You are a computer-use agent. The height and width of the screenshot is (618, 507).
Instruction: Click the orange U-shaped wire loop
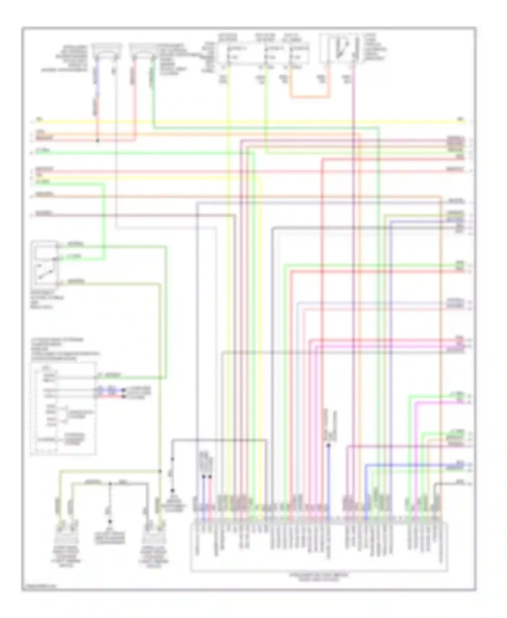click(x=309, y=97)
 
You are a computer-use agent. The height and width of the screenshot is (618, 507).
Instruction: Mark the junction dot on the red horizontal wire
click(x=97, y=140)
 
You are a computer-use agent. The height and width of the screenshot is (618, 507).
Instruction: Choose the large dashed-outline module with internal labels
click(x=64, y=408)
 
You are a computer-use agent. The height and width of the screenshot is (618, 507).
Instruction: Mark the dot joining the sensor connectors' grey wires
click(x=110, y=484)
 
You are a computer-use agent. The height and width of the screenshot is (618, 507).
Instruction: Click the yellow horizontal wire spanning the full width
click(x=250, y=121)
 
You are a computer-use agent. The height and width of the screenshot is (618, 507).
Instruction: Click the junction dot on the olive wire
click(x=160, y=471)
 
